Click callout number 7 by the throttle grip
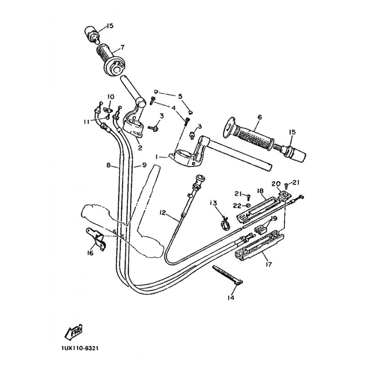pos(122,48)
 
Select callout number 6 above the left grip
pos(260,117)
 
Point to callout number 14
pos(231,298)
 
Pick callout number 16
pos(90,253)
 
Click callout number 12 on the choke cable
pos(163,213)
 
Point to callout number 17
pos(269,264)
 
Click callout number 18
pos(260,191)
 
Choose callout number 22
pos(237,205)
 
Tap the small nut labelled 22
pos(248,205)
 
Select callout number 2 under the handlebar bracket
pos(140,147)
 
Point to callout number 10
pos(111,96)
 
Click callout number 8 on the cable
pos(108,165)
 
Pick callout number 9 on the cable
pos(144,165)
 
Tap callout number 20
pos(275,184)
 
